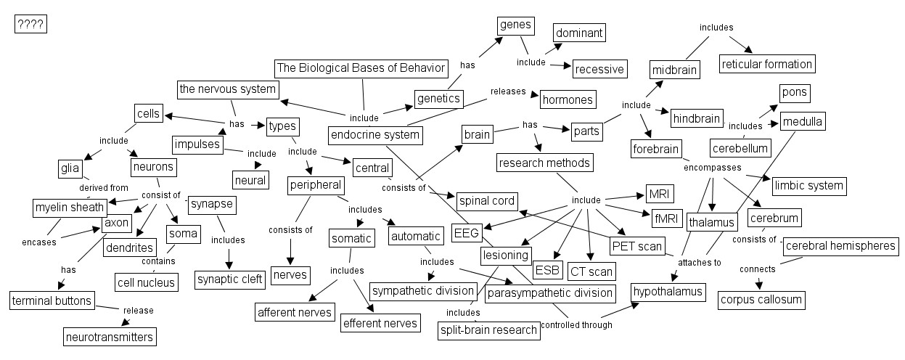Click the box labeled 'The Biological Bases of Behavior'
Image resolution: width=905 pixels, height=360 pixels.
click(361, 68)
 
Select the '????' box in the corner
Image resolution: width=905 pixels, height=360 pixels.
click(30, 25)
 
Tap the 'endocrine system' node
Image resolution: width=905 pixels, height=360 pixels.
click(375, 134)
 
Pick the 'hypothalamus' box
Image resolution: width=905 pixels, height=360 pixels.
click(668, 292)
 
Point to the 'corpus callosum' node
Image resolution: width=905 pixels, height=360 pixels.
click(761, 299)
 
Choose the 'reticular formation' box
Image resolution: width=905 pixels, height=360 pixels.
click(767, 63)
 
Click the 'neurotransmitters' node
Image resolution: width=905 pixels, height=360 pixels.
click(110, 337)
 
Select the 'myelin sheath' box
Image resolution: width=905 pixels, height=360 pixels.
click(70, 208)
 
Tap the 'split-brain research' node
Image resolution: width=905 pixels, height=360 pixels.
click(489, 330)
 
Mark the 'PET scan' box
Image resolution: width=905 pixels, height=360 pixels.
click(637, 246)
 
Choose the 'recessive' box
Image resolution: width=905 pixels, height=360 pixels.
click(599, 69)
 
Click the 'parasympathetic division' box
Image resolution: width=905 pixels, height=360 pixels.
click(549, 293)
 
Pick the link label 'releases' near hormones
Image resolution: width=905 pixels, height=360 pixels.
click(507, 91)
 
